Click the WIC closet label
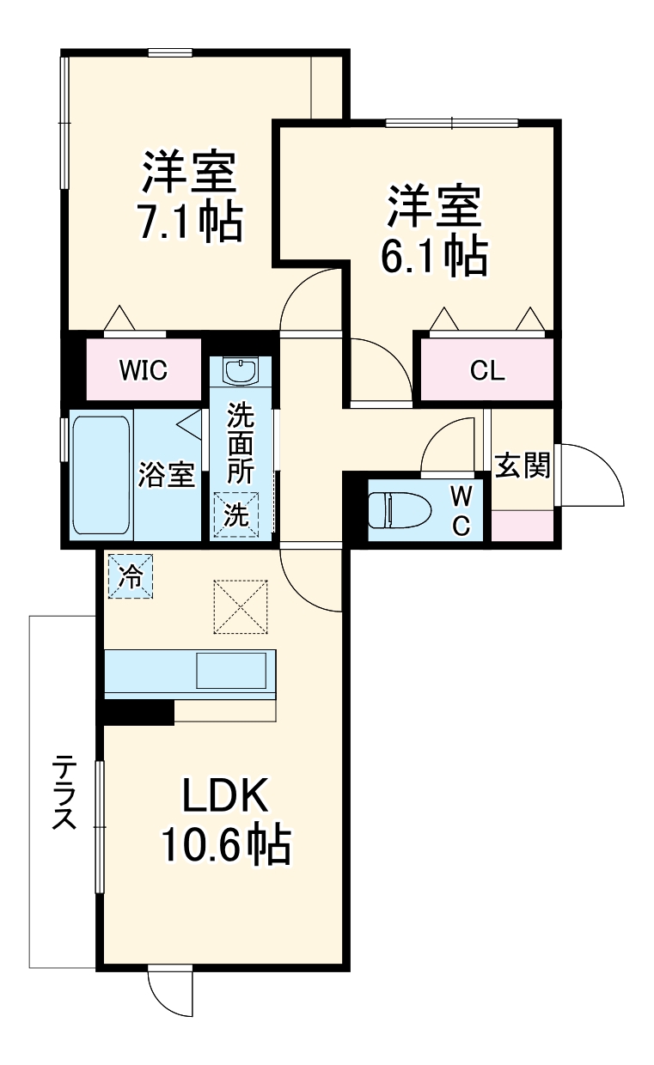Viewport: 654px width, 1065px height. [x=143, y=370]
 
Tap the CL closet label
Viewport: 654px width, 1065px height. [x=487, y=370]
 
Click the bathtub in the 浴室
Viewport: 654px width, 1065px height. [x=101, y=474]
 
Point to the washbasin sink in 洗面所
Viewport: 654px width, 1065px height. [x=240, y=371]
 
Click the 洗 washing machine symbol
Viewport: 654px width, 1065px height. [x=235, y=514]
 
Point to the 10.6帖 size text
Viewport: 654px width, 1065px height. [x=224, y=846]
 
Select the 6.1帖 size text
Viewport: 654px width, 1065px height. [x=434, y=254]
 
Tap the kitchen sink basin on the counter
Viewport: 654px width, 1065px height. [x=231, y=670]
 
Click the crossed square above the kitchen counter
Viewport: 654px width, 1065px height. [x=241, y=607]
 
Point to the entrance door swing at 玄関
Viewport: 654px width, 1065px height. [x=591, y=476]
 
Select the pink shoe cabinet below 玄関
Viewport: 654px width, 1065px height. [x=523, y=524]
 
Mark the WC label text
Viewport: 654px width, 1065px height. [x=461, y=511]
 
